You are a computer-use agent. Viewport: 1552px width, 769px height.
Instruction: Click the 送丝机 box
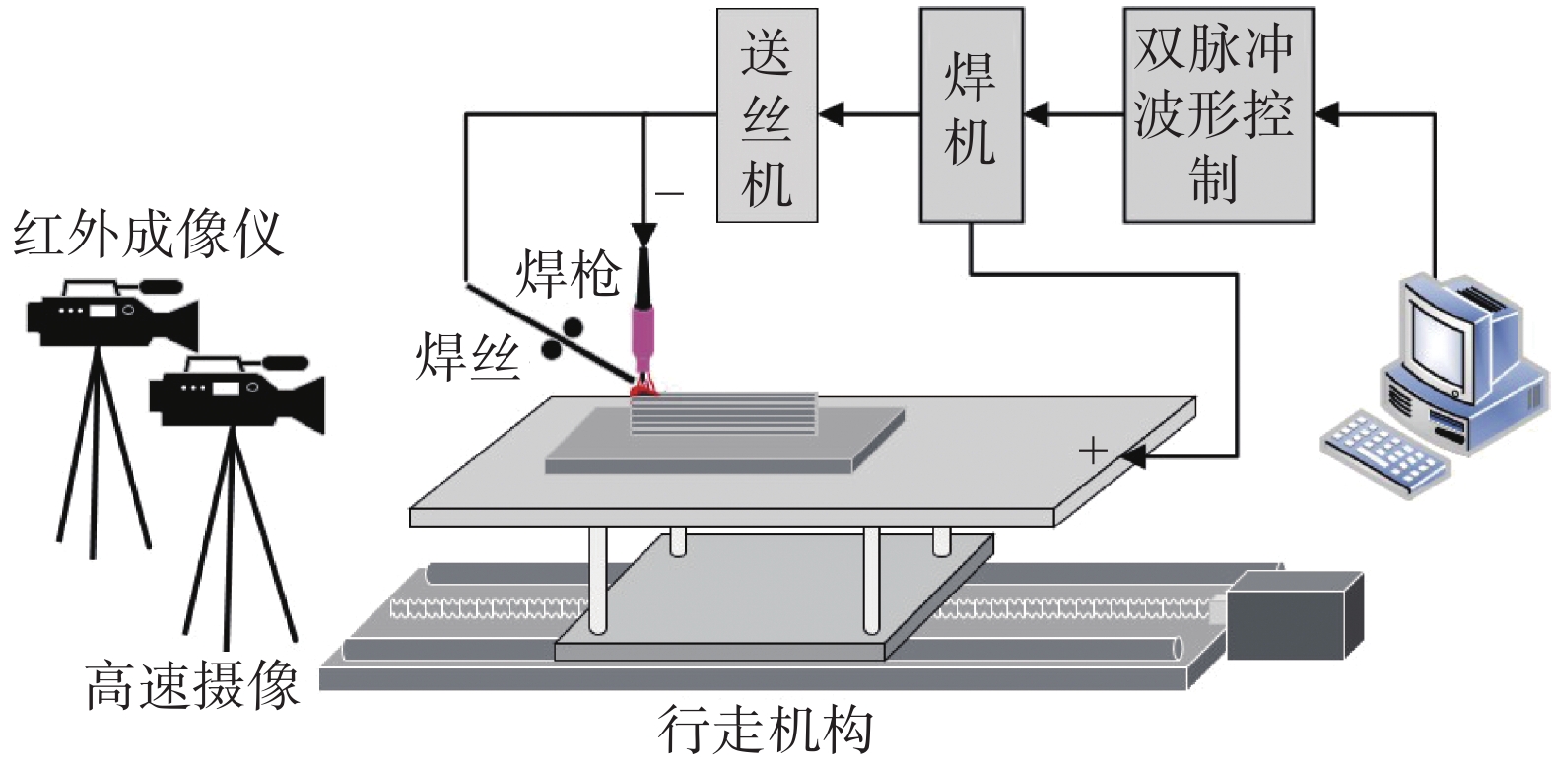(767, 116)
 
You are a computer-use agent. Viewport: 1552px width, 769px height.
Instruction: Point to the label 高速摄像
(192, 686)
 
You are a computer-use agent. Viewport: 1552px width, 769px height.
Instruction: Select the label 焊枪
(569, 273)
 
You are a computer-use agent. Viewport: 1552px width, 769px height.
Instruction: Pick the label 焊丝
(467, 356)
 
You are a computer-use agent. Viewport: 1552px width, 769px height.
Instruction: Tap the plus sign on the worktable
(1093, 452)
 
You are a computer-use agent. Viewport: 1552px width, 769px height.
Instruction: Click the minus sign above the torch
(669, 193)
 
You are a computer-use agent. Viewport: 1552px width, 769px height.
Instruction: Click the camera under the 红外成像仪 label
(108, 315)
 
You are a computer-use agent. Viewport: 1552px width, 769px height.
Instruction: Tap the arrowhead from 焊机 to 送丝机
(833, 115)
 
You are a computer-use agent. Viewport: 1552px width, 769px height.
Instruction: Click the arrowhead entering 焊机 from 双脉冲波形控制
(1036, 115)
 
